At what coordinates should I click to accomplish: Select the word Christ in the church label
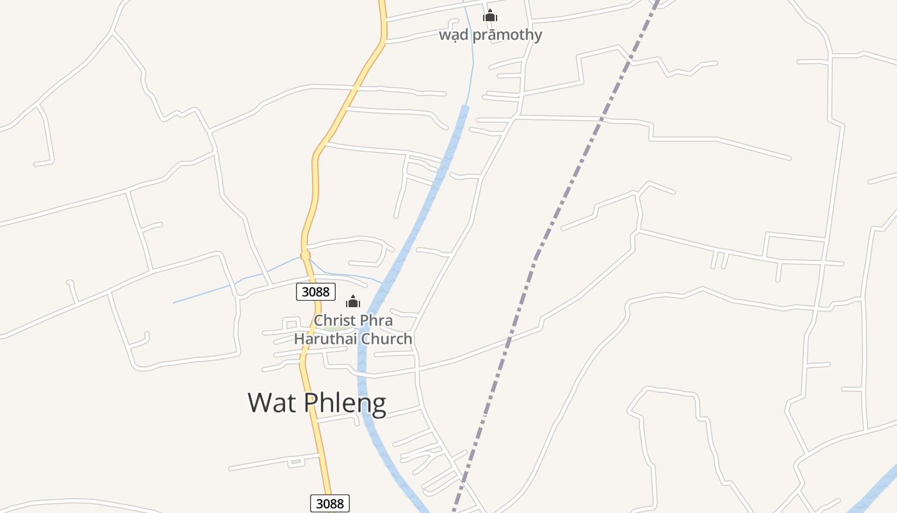pos(334,320)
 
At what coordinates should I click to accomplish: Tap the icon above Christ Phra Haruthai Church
pos(353,302)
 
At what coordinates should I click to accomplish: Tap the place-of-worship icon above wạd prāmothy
pos(490,16)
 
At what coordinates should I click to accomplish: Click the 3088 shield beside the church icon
pos(315,292)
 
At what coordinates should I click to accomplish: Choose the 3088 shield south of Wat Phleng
pos(330,503)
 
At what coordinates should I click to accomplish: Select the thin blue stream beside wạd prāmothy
pos(473,64)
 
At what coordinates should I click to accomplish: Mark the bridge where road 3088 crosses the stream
pos(305,255)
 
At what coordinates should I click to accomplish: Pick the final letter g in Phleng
pos(378,405)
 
